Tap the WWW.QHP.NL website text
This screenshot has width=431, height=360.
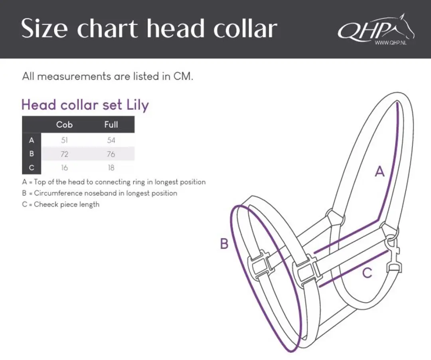pos(391,43)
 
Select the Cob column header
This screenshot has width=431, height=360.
pos(64,125)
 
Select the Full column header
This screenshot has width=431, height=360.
pos(111,125)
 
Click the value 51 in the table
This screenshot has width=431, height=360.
pos(64,140)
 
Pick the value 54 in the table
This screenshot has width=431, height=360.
pos(111,140)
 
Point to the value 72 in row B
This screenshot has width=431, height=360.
pos(64,154)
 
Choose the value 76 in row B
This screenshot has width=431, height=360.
pos(111,154)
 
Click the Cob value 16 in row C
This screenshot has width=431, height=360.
pos(64,168)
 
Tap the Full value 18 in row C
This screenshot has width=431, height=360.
pos(111,168)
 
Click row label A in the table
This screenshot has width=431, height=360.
pos(32,140)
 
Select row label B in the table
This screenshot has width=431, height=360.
pos(32,154)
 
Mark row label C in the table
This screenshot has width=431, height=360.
pos(32,167)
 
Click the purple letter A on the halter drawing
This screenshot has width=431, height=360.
pos(380,172)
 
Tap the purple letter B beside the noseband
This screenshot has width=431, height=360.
pos(224,243)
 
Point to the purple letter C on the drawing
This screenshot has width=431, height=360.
pos(367,273)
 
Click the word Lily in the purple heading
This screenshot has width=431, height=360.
pos(137,105)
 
